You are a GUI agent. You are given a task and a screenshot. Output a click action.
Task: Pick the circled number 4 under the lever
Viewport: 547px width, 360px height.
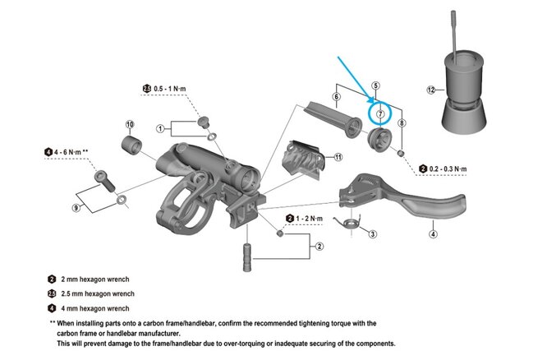[x=433, y=234]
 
